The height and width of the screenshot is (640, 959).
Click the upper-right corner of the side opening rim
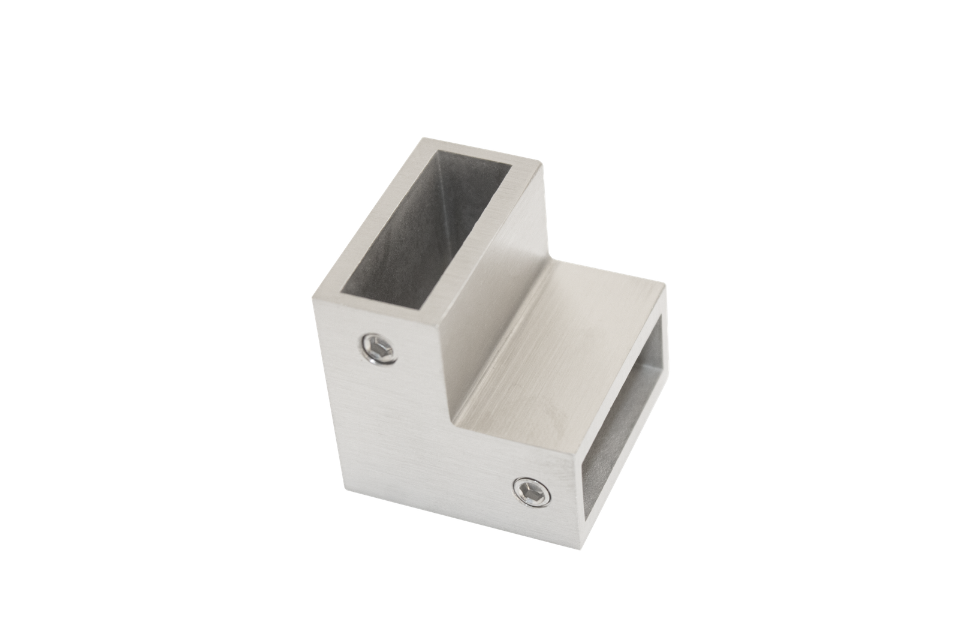click(x=667, y=287)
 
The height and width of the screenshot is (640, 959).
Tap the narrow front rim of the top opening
click(x=384, y=300)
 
